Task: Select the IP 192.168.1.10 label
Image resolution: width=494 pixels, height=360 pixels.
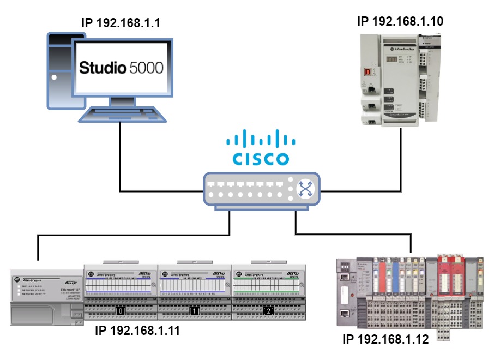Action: [x=400, y=21]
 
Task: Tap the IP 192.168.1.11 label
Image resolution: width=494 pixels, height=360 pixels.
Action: [x=137, y=331]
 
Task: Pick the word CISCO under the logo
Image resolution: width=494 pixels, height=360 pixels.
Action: [x=261, y=159]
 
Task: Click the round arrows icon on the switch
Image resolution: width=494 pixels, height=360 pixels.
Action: [x=304, y=189]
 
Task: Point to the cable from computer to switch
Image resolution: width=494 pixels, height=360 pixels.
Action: [x=119, y=164]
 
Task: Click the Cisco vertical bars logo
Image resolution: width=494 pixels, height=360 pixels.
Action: [x=261, y=139]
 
